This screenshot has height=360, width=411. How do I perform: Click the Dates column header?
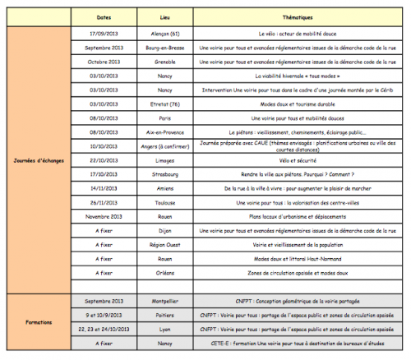click(104, 16)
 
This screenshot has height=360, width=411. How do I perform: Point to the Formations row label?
click(37, 322)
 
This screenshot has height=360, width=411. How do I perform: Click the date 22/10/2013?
click(104, 159)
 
